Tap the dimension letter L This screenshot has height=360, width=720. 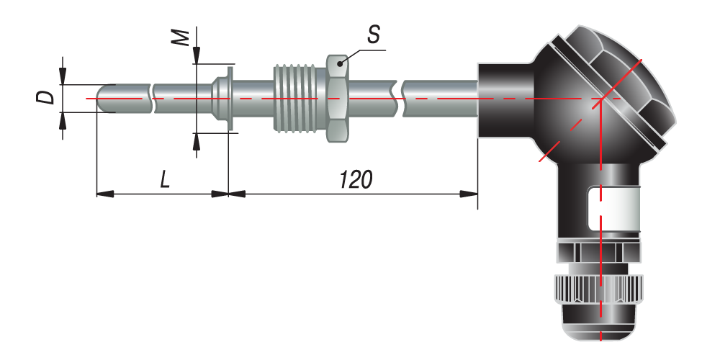165,180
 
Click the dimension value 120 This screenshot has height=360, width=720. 356,180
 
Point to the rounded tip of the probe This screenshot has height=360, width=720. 102,98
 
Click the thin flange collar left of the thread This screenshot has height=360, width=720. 229,98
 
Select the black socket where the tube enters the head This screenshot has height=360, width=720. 504,98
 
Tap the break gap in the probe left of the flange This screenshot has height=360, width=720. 153,98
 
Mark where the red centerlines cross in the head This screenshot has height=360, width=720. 600,98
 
